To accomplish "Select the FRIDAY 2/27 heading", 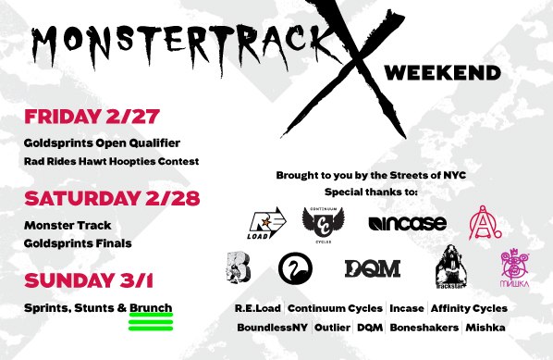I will pos(92,118).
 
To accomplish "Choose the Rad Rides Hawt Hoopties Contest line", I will pos(112,161).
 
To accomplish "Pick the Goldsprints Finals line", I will pos(78,242).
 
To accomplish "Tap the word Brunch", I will pos(151,307).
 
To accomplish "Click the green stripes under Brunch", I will pos(151,321).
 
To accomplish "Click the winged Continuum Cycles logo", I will pos(323,223).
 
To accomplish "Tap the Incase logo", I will pos(407,223).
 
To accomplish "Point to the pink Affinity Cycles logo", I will pos(484,222).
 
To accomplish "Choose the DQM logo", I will pos(373,268).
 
